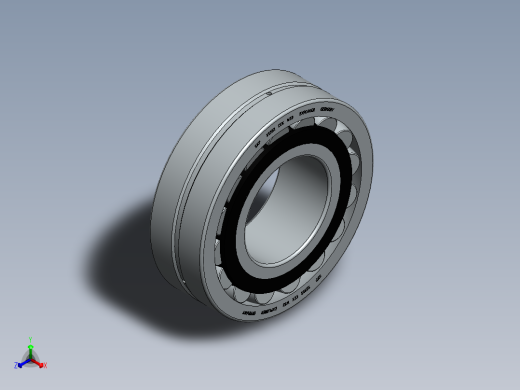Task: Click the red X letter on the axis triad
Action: (x=44, y=366)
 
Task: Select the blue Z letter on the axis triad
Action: (x=17, y=365)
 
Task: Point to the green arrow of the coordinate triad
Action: (x=31, y=347)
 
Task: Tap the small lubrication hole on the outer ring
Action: (x=271, y=92)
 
